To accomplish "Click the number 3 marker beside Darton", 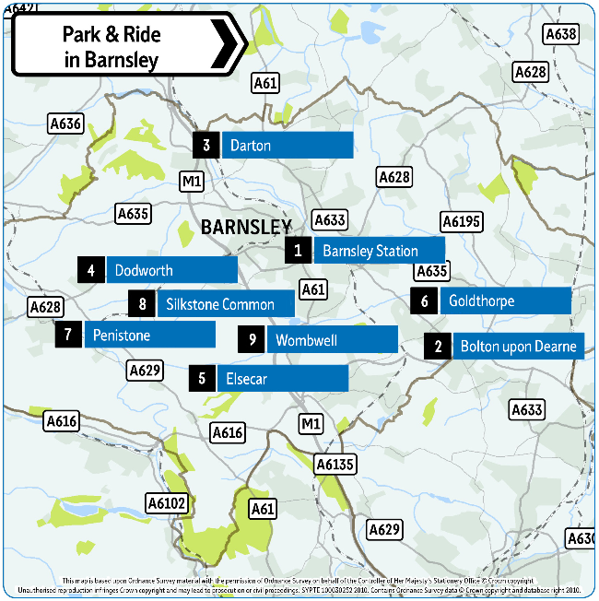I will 206,146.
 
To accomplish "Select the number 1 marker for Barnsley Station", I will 298,251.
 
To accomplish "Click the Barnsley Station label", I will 379,251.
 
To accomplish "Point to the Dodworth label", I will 171,270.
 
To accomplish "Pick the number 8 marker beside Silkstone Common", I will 142,304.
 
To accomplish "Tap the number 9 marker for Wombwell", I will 252,340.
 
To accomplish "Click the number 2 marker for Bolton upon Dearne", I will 438,347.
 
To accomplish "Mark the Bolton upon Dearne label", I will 517,347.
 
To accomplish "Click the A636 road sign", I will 65,124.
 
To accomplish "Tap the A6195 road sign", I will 462,221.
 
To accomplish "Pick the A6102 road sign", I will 167,502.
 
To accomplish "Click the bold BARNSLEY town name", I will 246,227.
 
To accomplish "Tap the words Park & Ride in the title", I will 112,35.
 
